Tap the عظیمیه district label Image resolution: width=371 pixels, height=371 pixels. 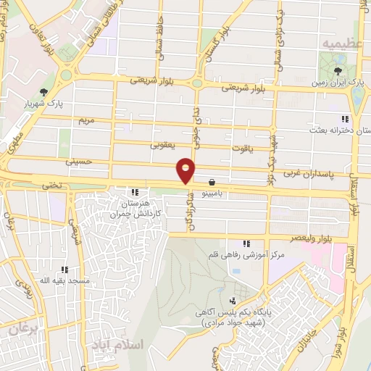click(x=340, y=43)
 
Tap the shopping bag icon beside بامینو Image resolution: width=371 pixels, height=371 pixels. click(x=211, y=183)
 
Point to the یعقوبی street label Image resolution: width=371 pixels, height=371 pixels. click(x=163, y=144)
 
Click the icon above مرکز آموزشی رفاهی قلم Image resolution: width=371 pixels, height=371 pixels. click(x=246, y=243)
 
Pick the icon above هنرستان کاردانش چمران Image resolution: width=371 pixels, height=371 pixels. click(x=135, y=192)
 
